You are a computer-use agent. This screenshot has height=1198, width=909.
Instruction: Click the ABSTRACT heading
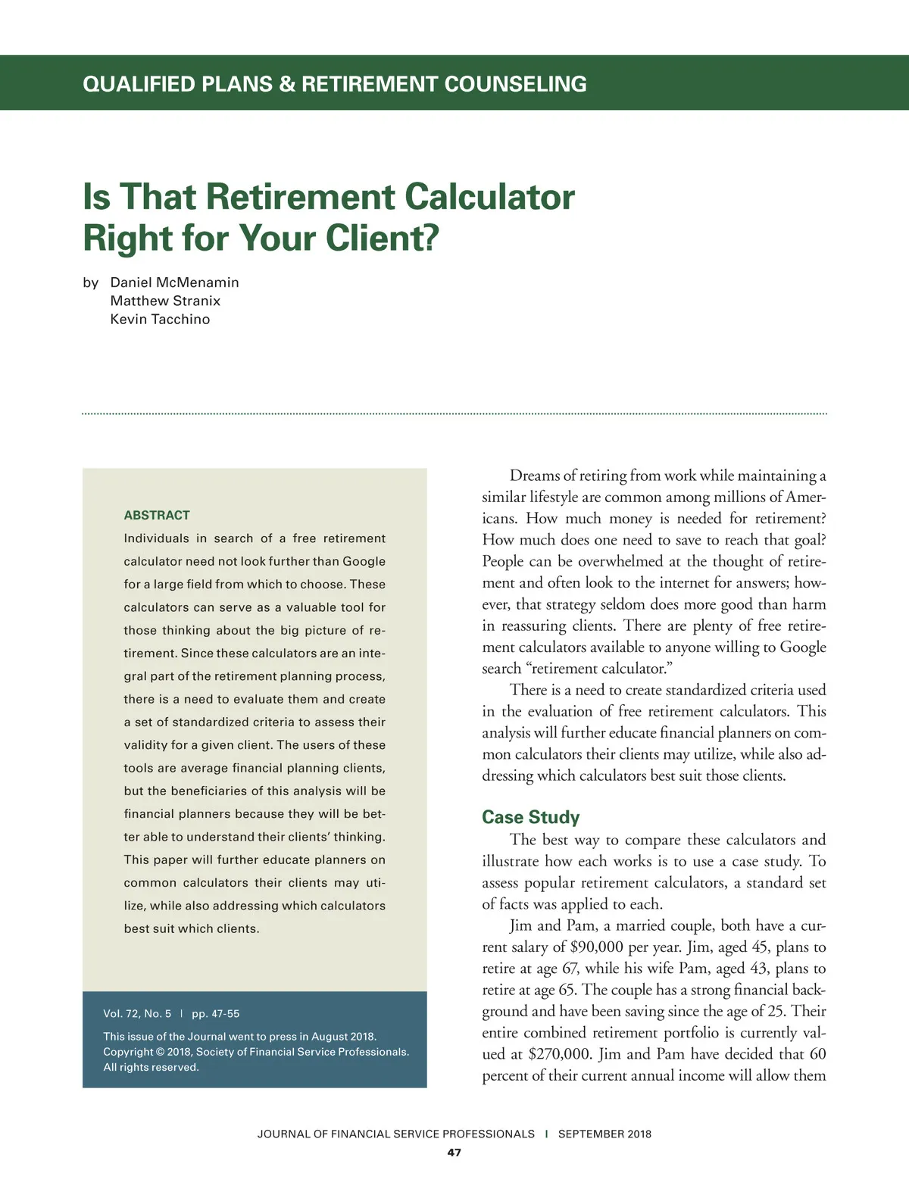click(x=157, y=515)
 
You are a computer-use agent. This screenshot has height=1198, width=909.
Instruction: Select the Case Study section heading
click(x=530, y=817)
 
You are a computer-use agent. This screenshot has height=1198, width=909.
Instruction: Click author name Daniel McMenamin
click(x=174, y=282)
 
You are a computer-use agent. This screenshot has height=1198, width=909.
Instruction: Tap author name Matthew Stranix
click(x=165, y=301)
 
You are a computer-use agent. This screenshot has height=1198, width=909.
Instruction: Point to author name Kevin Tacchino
click(x=160, y=319)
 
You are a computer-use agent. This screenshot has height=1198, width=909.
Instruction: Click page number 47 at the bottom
click(x=454, y=1153)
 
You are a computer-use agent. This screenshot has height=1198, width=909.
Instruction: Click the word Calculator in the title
click(x=489, y=197)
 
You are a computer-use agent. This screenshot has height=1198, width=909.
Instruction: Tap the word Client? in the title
click(x=383, y=238)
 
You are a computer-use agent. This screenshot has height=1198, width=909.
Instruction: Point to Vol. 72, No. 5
click(x=137, y=1013)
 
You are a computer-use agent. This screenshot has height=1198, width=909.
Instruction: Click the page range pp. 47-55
click(x=215, y=1013)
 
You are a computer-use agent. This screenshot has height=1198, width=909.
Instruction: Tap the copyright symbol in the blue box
click(x=160, y=1052)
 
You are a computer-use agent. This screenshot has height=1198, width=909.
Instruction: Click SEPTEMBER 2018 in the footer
click(x=604, y=1134)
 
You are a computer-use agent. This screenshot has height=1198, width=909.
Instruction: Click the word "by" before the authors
click(x=91, y=282)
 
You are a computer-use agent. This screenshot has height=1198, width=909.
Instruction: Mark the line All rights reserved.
click(x=151, y=1067)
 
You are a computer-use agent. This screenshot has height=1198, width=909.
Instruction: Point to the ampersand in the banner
click(x=287, y=83)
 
